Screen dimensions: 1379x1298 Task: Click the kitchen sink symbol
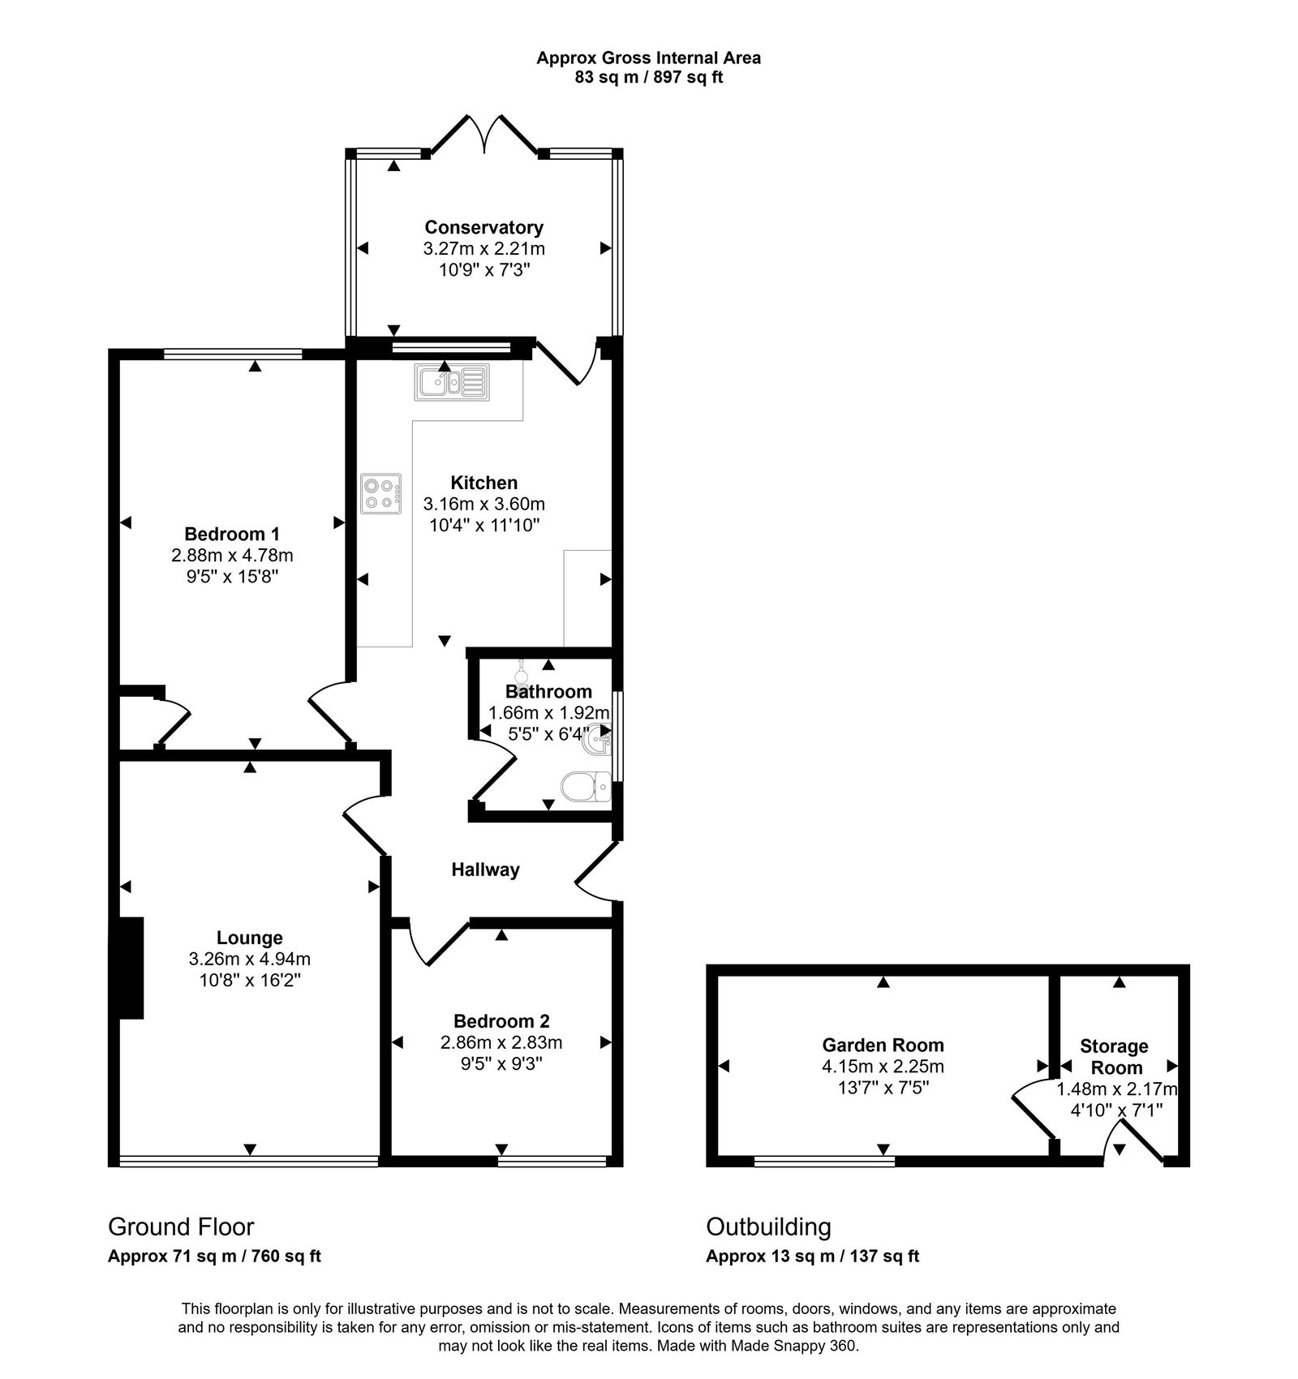click(x=452, y=382)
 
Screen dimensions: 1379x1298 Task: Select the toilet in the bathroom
click(x=586, y=786)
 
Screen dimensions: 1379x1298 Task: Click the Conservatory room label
click(x=484, y=227)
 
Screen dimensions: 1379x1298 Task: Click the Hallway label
click(x=485, y=870)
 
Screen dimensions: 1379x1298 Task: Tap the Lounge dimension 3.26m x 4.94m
click(x=249, y=959)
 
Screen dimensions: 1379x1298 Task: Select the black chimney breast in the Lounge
click(x=130, y=967)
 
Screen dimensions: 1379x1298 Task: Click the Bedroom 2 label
click(x=501, y=1020)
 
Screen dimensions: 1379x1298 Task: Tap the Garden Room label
click(x=883, y=1045)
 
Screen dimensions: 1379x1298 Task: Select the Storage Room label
click(x=1115, y=1057)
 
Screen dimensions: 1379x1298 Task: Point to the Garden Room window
click(x=823, y=1162)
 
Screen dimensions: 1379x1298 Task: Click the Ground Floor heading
click(x=181, y=1226)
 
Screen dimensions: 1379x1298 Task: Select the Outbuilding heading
click(x=768, y=1226)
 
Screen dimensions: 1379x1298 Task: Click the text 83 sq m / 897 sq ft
click(x=648, y=78)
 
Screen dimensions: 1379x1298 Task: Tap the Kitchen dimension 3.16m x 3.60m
click(x=484, y=504)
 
